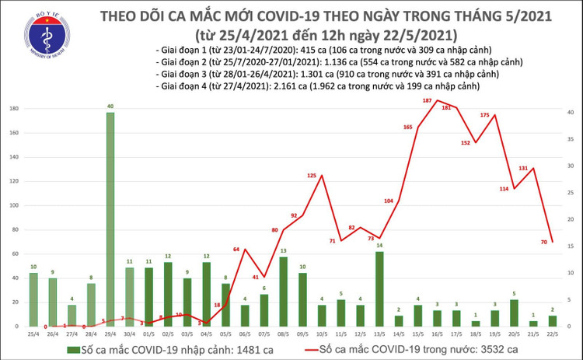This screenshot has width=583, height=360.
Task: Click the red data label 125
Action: pyautogui.click(x=312, y=176)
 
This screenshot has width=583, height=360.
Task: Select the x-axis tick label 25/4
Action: pyautogui.click(x=33, y=334)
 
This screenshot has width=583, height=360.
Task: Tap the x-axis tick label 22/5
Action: pyautogui.click(x=551, y=334)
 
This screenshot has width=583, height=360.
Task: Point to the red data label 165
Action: pyautogui.click(x=408, y=127)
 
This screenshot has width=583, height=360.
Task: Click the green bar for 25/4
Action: pyautogui.click(x=33, y=299)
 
